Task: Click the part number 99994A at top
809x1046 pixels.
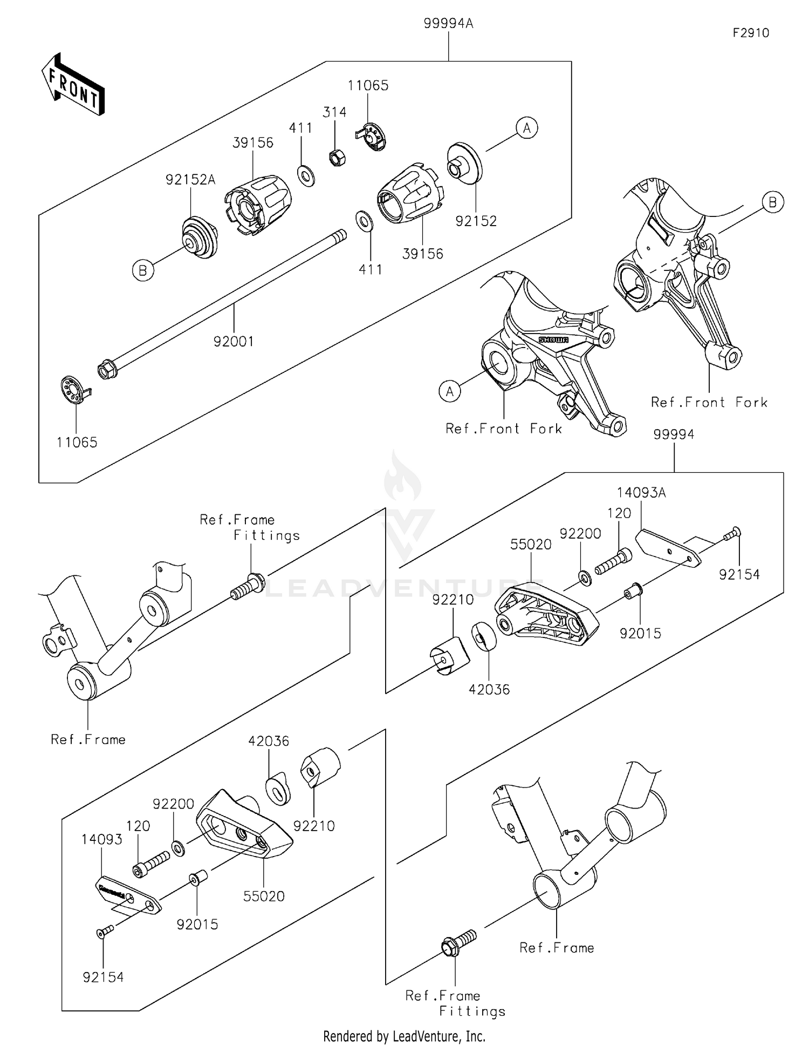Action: (448, 24)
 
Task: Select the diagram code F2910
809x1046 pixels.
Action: (751, 33)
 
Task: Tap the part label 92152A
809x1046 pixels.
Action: (190, 180)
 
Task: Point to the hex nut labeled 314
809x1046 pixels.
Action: (337, 157)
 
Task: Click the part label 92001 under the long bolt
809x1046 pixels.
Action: (234, 341)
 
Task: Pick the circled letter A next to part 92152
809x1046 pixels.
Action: (526, 128)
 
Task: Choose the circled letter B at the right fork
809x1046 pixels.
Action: (772, 202)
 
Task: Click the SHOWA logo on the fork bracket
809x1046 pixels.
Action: (553, 339)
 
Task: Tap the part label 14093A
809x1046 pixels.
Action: (641, 492)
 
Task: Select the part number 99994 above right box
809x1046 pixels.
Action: (674, 434)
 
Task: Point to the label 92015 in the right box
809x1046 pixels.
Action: (640, 634)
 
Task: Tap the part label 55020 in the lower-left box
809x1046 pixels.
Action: (264, 896)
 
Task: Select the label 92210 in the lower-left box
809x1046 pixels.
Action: (314, 826)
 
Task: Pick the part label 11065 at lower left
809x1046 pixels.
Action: (77, 443)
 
